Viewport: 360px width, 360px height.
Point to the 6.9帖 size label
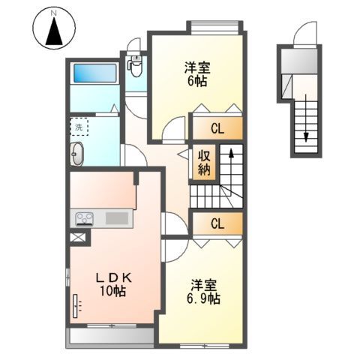pos(203,298)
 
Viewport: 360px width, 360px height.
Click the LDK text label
pos(109,277)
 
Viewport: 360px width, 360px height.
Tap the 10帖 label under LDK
pos(110,290)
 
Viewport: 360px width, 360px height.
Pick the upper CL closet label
pos(217,128)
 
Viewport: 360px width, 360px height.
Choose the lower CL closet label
pos(217,223)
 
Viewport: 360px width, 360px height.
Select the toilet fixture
pos(136,67)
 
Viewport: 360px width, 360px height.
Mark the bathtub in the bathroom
pos(94,74)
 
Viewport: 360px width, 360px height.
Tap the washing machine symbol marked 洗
pos(79,127)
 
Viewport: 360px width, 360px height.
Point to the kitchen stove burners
pos(82,219)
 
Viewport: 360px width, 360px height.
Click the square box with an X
pos(77,238)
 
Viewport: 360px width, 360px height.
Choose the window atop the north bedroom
pos(216,28)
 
